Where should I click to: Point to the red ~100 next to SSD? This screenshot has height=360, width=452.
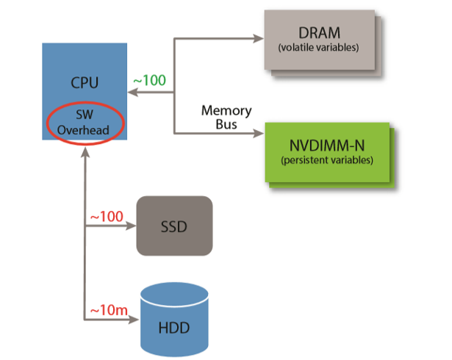[x=106, y=217]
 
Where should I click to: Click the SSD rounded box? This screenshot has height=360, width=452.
[x=173, y=226]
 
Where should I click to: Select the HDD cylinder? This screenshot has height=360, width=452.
[x=173, y=318]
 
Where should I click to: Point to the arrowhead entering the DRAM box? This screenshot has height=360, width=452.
[x=259, y=39]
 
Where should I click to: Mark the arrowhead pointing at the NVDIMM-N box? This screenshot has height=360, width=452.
[x=259, y=134]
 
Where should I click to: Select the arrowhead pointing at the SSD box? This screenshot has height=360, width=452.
[x=132, y=226]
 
